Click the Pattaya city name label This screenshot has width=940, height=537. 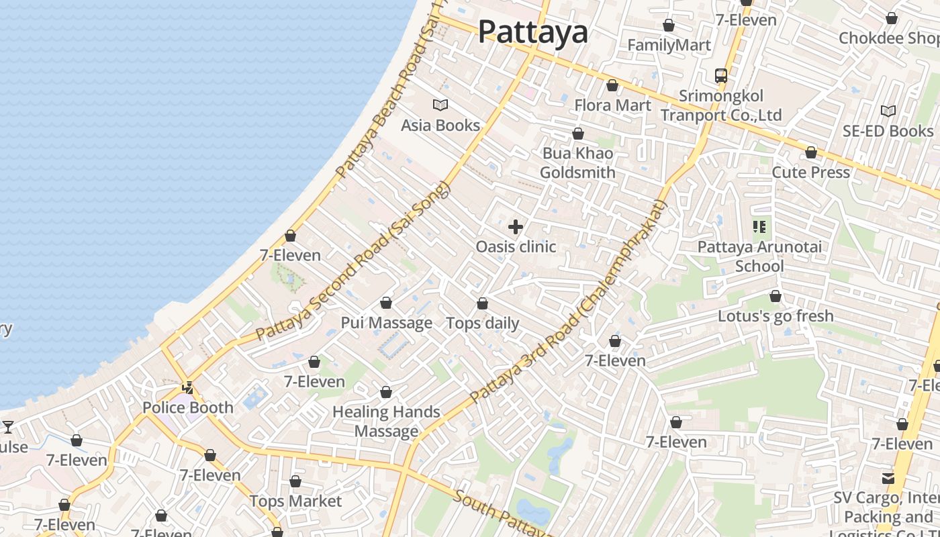tap(532, 32)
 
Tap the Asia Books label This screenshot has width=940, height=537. tap(440, 126)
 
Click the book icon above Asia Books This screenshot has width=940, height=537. tap(440, 105)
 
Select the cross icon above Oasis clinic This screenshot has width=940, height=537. tap(516, 227)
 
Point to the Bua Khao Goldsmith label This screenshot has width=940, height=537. tap(577, 163)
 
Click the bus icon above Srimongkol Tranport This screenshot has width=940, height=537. tap(721, 75)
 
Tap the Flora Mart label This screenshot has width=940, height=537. tap(612, 105)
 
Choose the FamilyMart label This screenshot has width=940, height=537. tap(669, 45)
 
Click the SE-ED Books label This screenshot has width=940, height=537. tap(888, 131)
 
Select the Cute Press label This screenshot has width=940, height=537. tap(810, 173)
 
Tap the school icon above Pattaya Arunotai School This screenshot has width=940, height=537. tap(759, 227)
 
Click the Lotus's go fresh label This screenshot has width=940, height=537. tap(775, 315)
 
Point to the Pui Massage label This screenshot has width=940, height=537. tap(386, 323)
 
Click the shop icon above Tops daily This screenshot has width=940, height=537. tap(482, 303)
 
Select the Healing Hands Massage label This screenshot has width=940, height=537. tap(386, 422)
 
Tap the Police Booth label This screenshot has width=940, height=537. tap(188, 407)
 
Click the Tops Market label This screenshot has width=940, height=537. tap(295, 501)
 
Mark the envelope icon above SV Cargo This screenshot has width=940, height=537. tap(888, 478)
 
